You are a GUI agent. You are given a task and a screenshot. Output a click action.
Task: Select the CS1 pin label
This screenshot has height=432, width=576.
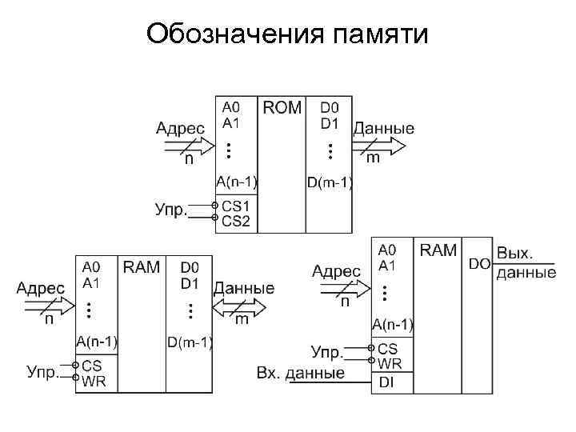coord(236,206)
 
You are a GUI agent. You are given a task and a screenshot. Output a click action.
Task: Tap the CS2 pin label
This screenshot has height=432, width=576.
coord(236,220)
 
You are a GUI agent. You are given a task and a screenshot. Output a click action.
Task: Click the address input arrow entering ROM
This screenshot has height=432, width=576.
coord(188,145)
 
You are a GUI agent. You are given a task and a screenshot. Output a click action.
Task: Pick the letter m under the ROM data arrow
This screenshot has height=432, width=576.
coord(373,159)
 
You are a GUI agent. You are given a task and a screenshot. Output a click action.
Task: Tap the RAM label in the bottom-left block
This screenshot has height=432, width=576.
coord(142,266)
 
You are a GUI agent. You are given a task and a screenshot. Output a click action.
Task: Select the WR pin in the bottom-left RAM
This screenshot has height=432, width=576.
coord(94,381)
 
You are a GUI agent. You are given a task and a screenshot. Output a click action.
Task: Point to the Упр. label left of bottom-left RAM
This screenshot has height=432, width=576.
coord(43,371)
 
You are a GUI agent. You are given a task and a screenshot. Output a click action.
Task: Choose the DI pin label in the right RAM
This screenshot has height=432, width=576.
coord(386,383)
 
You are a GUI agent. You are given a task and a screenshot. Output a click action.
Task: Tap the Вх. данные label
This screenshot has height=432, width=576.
coord(301,373)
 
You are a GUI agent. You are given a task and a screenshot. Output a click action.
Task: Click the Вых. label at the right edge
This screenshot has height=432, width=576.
coord(516,254)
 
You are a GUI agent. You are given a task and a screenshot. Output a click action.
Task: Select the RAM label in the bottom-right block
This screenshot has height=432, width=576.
coord(438,250)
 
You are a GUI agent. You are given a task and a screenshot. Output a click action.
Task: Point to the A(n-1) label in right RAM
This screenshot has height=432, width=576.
coord(393,324)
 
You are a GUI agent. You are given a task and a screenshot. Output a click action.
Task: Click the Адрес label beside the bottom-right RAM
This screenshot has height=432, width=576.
coord(336,271)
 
